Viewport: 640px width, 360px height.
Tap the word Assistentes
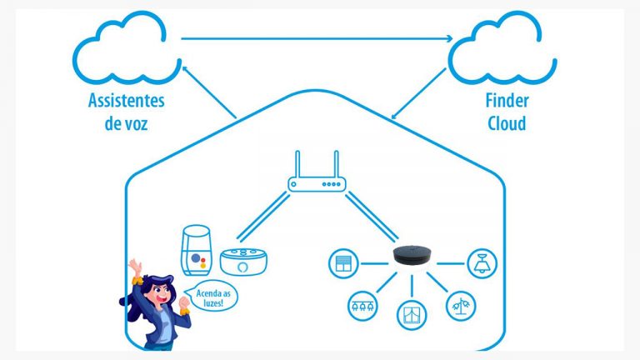pyautogui.click(x=127, y=102)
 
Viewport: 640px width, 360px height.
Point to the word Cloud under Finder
pyautogui.click(x=506, y=123)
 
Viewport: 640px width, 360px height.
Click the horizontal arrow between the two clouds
pyautogui.click(x=317, y=37)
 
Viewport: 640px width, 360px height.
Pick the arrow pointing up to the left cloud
pyautogui.click(x=208, y=92)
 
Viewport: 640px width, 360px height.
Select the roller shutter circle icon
pyautogui.click(x=343, y=262)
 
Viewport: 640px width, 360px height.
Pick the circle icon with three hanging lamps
pyautogui.click(x=362, y=305)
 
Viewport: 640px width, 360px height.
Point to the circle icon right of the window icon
pyautogui.click(x=459, y=305)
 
